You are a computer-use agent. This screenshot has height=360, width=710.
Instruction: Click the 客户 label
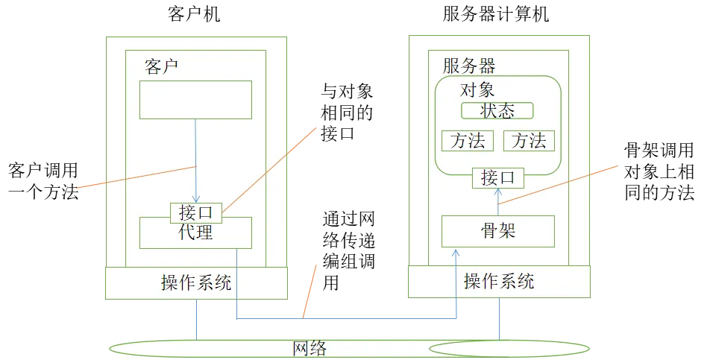161,67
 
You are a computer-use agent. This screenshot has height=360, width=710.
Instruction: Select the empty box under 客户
195,100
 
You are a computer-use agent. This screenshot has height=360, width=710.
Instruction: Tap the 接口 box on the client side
196,212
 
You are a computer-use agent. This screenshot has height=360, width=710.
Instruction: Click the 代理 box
195,234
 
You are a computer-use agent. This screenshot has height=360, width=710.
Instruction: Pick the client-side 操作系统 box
196,283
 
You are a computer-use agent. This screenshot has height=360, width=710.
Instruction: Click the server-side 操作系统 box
498,281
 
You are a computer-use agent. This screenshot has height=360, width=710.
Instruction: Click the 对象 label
478,90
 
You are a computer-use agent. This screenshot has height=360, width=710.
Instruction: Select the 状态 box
497,111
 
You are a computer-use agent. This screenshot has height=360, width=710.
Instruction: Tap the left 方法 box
468,141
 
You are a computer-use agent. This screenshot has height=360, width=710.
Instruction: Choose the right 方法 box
529,141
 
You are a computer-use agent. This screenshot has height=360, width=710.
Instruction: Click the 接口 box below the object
499,178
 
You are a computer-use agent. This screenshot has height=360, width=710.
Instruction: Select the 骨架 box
498,231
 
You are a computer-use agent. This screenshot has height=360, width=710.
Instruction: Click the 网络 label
310,349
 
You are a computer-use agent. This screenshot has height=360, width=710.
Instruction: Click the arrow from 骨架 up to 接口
499,201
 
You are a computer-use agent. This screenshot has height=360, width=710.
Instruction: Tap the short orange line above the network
311,291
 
